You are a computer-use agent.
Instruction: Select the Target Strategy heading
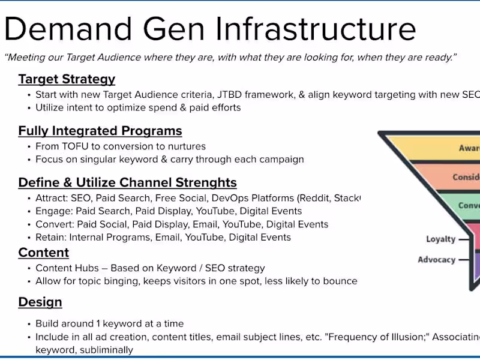click(x=67, y=79)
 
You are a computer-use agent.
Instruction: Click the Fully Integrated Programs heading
click(x=100, y=131)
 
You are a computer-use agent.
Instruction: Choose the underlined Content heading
click(x=43, y=253)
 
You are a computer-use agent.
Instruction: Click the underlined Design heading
click(x=40, y=302)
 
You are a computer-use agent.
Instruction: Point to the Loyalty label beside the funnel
click(x=440, y=239)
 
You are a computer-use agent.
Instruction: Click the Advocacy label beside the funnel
click(x=436, y=260)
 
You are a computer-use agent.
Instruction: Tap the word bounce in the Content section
click(x=340, y=281)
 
